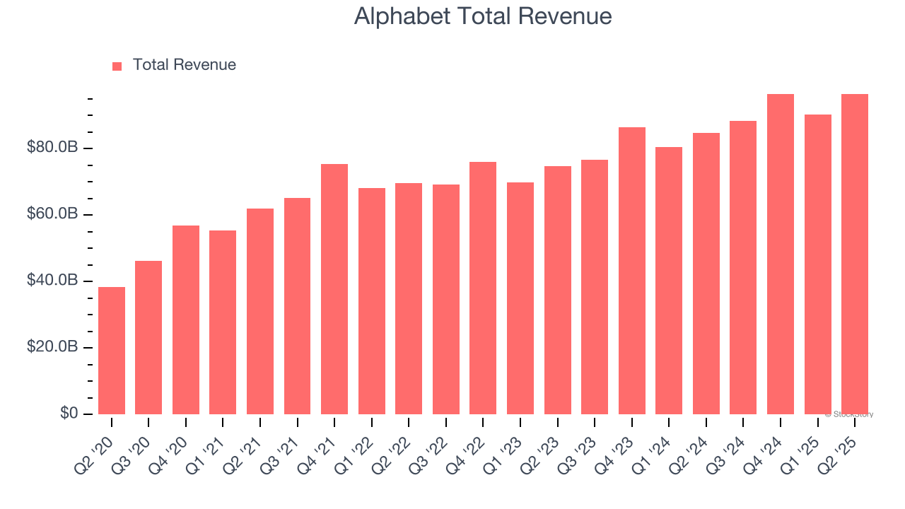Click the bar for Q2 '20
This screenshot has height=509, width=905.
tap(112, 350)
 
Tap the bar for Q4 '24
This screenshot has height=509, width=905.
tap(781, 254)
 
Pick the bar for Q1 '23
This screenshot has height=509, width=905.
tap(520, 298)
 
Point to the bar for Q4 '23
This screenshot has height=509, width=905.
tap(632, 270)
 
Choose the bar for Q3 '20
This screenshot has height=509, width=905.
tap(148, 337)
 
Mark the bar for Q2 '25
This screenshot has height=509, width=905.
tap(855, 254)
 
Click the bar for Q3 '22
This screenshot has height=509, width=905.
tap(446, 299)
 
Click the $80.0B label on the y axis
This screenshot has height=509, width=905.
tap(52, 148)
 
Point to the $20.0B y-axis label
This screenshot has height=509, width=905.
tap(52, 347)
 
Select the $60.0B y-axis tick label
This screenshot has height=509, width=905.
tap(52, 214)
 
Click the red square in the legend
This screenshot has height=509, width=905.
tap(117, 66)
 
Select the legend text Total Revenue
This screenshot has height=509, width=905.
tap(184, 65)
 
